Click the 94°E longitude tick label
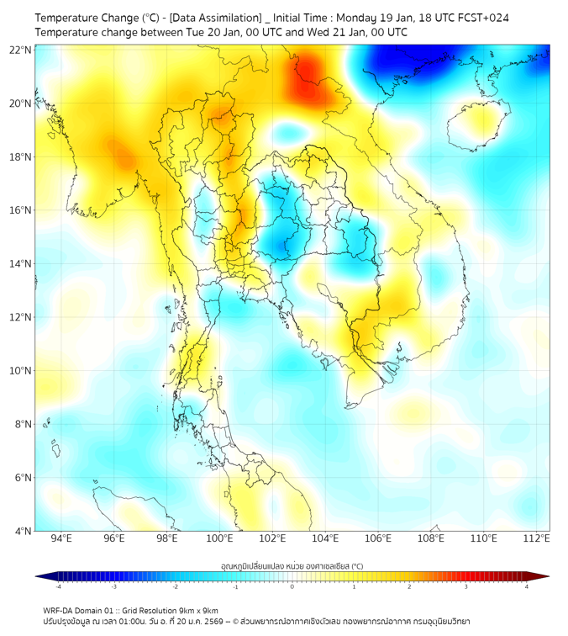click(x=61, y=538)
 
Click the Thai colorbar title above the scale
click(x=292, y=566)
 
